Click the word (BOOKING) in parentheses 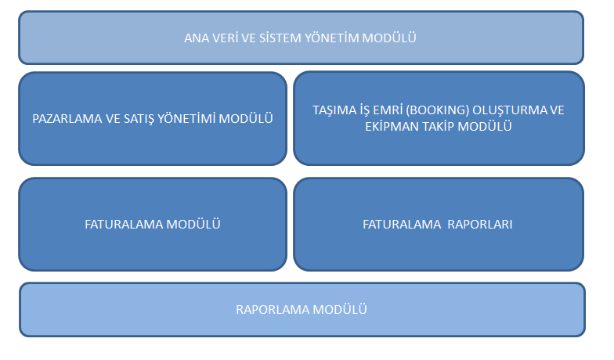tap(437, 110)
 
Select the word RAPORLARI tap(479, 224)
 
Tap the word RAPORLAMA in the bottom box tap(273, 310)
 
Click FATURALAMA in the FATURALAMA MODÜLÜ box tap(124, 224)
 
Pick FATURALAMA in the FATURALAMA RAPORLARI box tap(402, 224)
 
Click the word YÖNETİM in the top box tap(332, 38)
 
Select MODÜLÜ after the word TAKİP tap(485, 125)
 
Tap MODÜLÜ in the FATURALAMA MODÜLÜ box tap(193, 224)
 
